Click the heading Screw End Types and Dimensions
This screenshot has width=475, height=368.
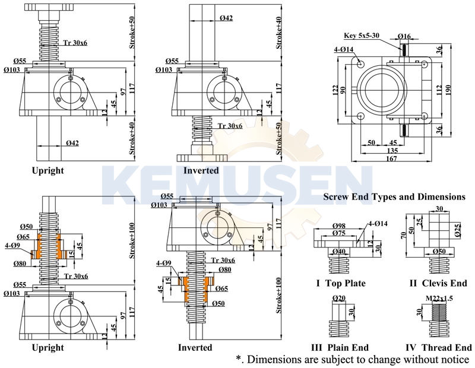394,196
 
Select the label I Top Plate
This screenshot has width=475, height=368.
341,283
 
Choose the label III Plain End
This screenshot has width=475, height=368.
340,347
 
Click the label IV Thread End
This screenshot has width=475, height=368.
438,347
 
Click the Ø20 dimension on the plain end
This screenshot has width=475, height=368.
339,297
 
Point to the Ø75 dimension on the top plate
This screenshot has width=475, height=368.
339,233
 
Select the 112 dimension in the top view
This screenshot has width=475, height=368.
440,89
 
